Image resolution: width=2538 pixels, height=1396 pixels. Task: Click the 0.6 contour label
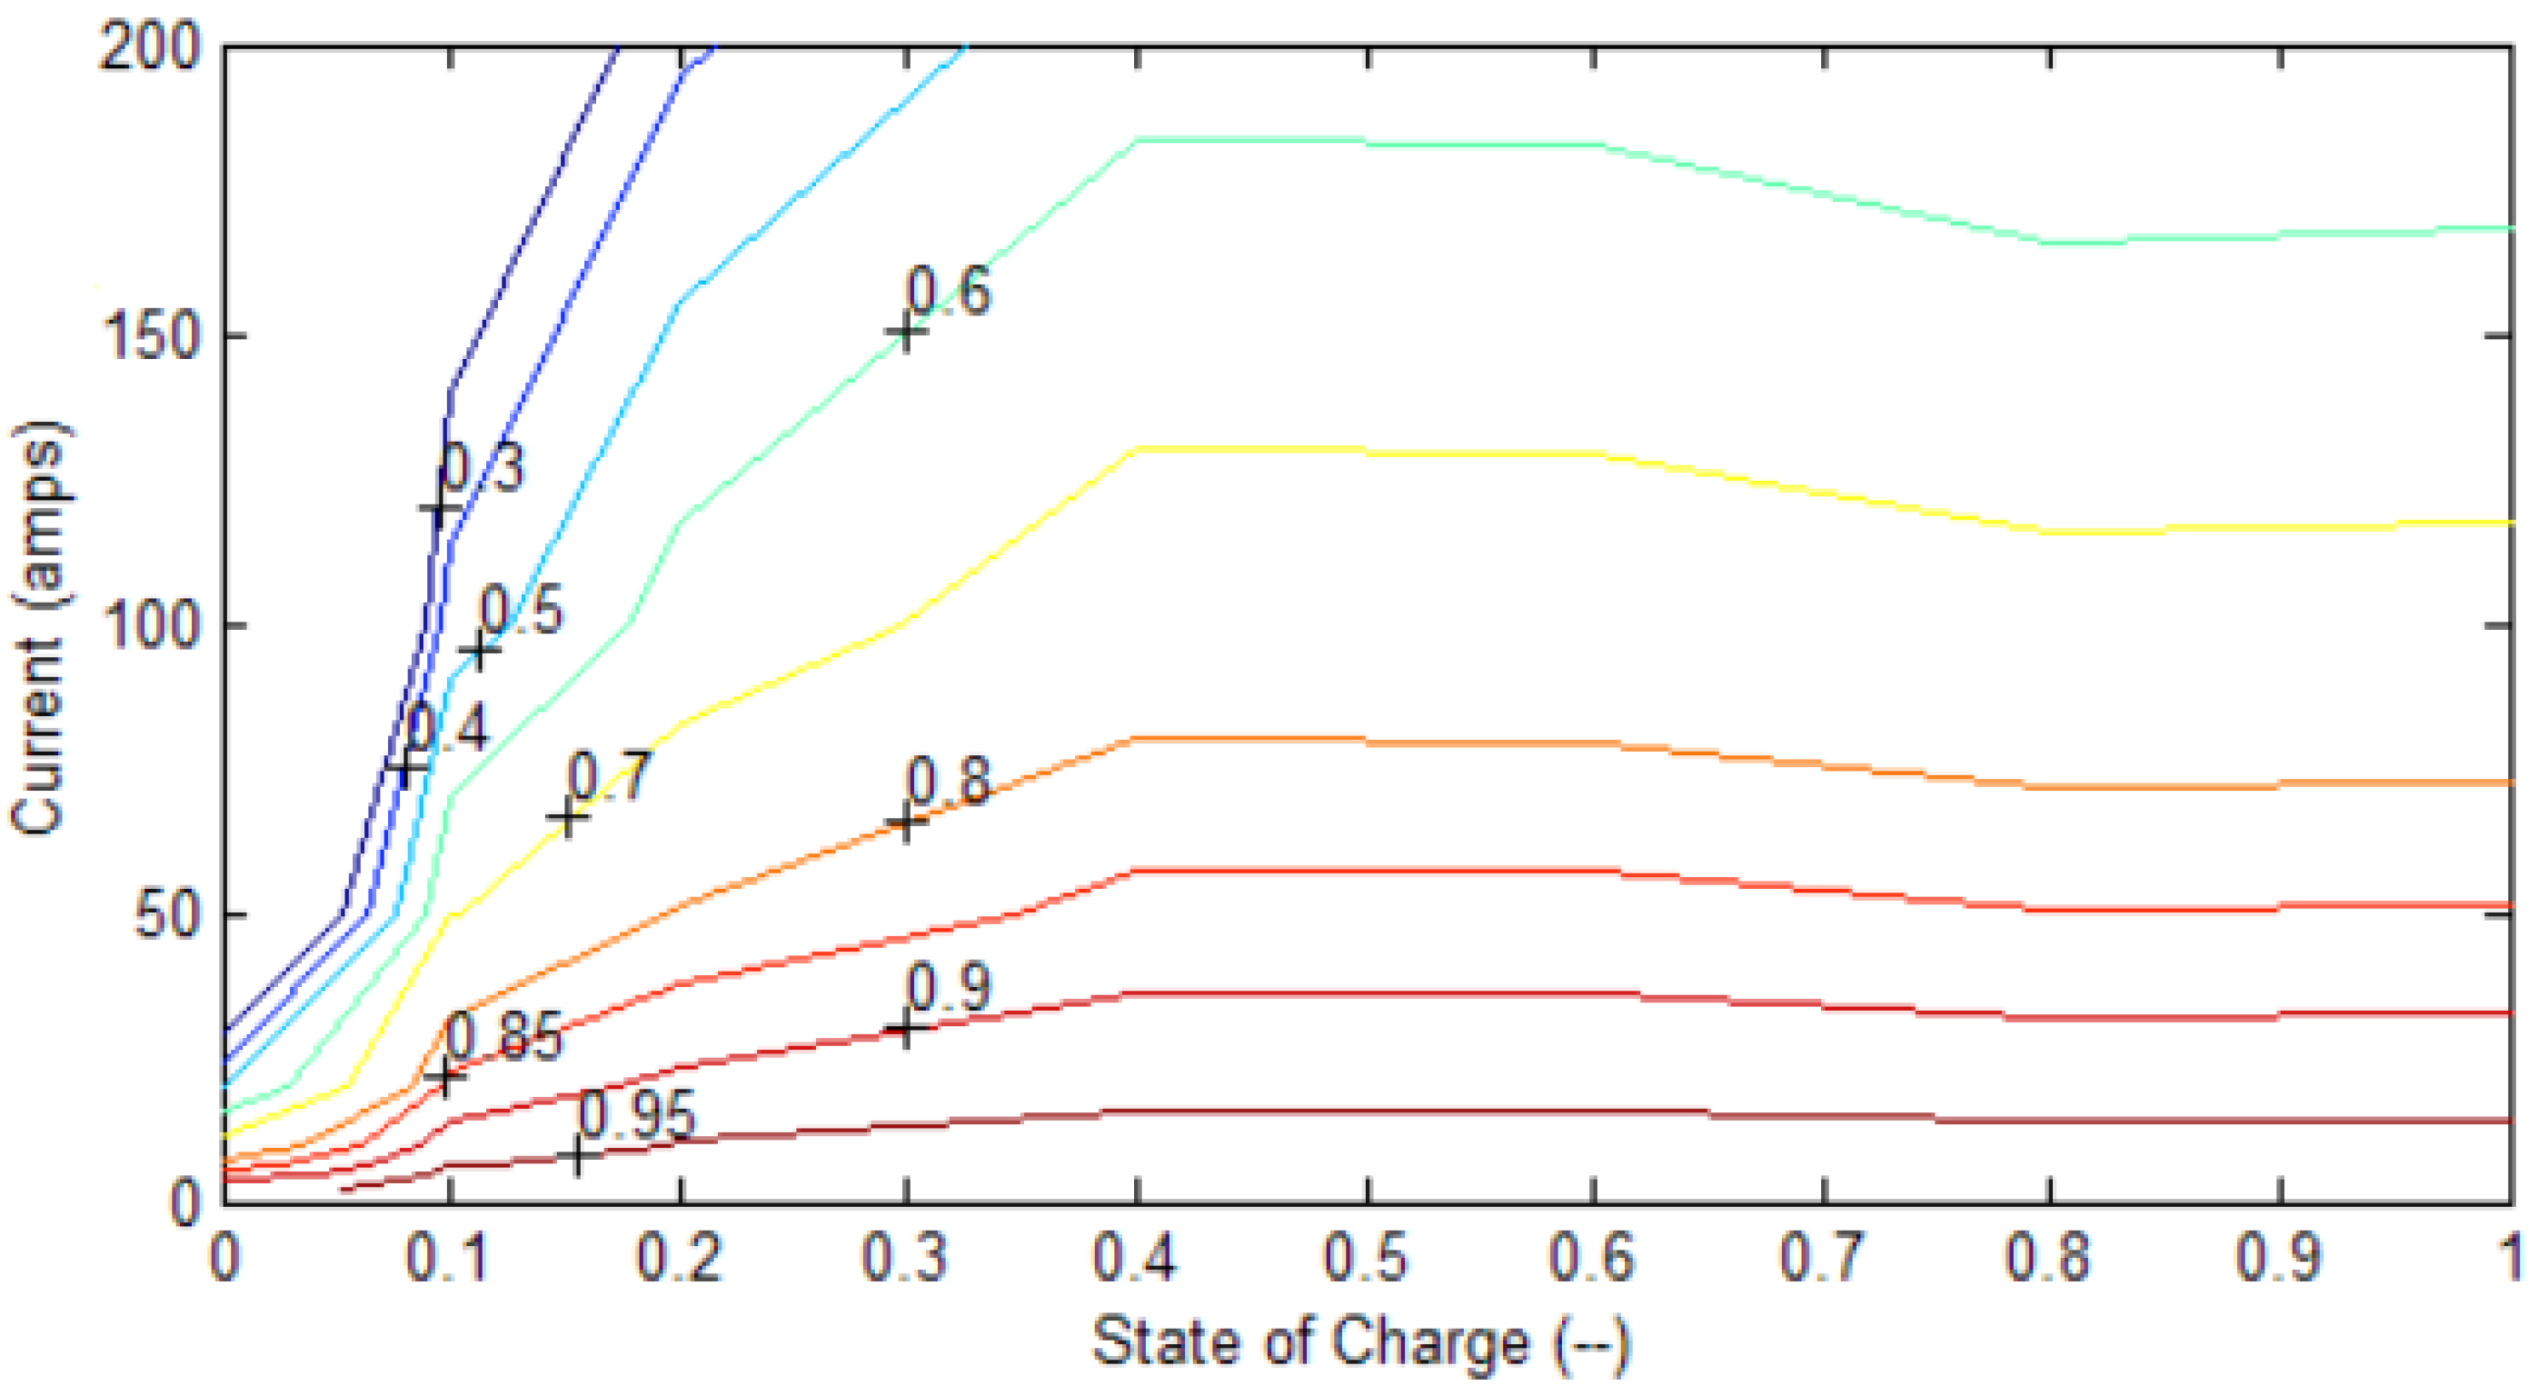point(948,293)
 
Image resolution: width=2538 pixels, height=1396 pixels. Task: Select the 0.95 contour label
point(636,1116)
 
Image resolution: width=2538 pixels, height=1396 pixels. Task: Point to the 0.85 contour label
point(504,1036)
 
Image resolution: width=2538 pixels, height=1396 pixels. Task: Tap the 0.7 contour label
point(609,776)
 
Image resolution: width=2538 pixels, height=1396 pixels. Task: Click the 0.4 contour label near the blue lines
point(447,729)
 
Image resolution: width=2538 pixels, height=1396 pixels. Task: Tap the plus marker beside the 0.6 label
point(905,333)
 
